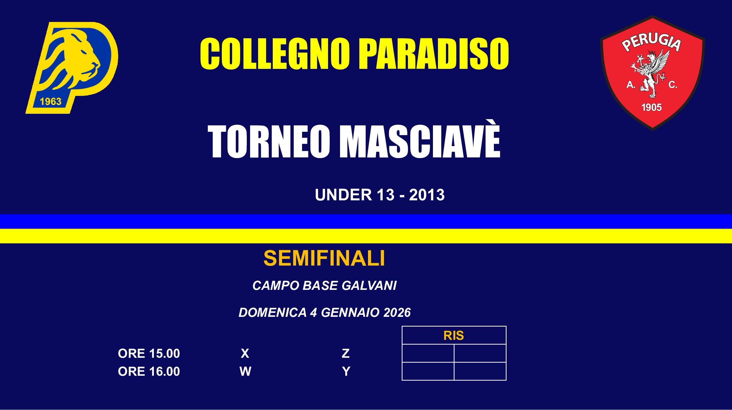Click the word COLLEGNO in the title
click(x=275, y=54)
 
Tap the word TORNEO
click(x=269, y=141)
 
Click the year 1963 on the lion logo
click(x=51, y=102)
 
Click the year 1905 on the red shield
click(x=651, y=107)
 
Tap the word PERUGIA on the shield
click(x=651, y=42)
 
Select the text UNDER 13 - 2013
click(x=380, y=195)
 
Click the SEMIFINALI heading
click(x=324, y=258)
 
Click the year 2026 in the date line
click(x=397, y=312)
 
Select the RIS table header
click(x=454, y=335)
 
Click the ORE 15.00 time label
click(x=149, y=353)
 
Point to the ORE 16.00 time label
click(x=149, y=371)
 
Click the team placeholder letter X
click(x=245, y=353)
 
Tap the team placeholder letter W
click(x=245, y=371)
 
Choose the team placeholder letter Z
click(x=346, y=353)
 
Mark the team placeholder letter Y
click(x=346, y=371)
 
